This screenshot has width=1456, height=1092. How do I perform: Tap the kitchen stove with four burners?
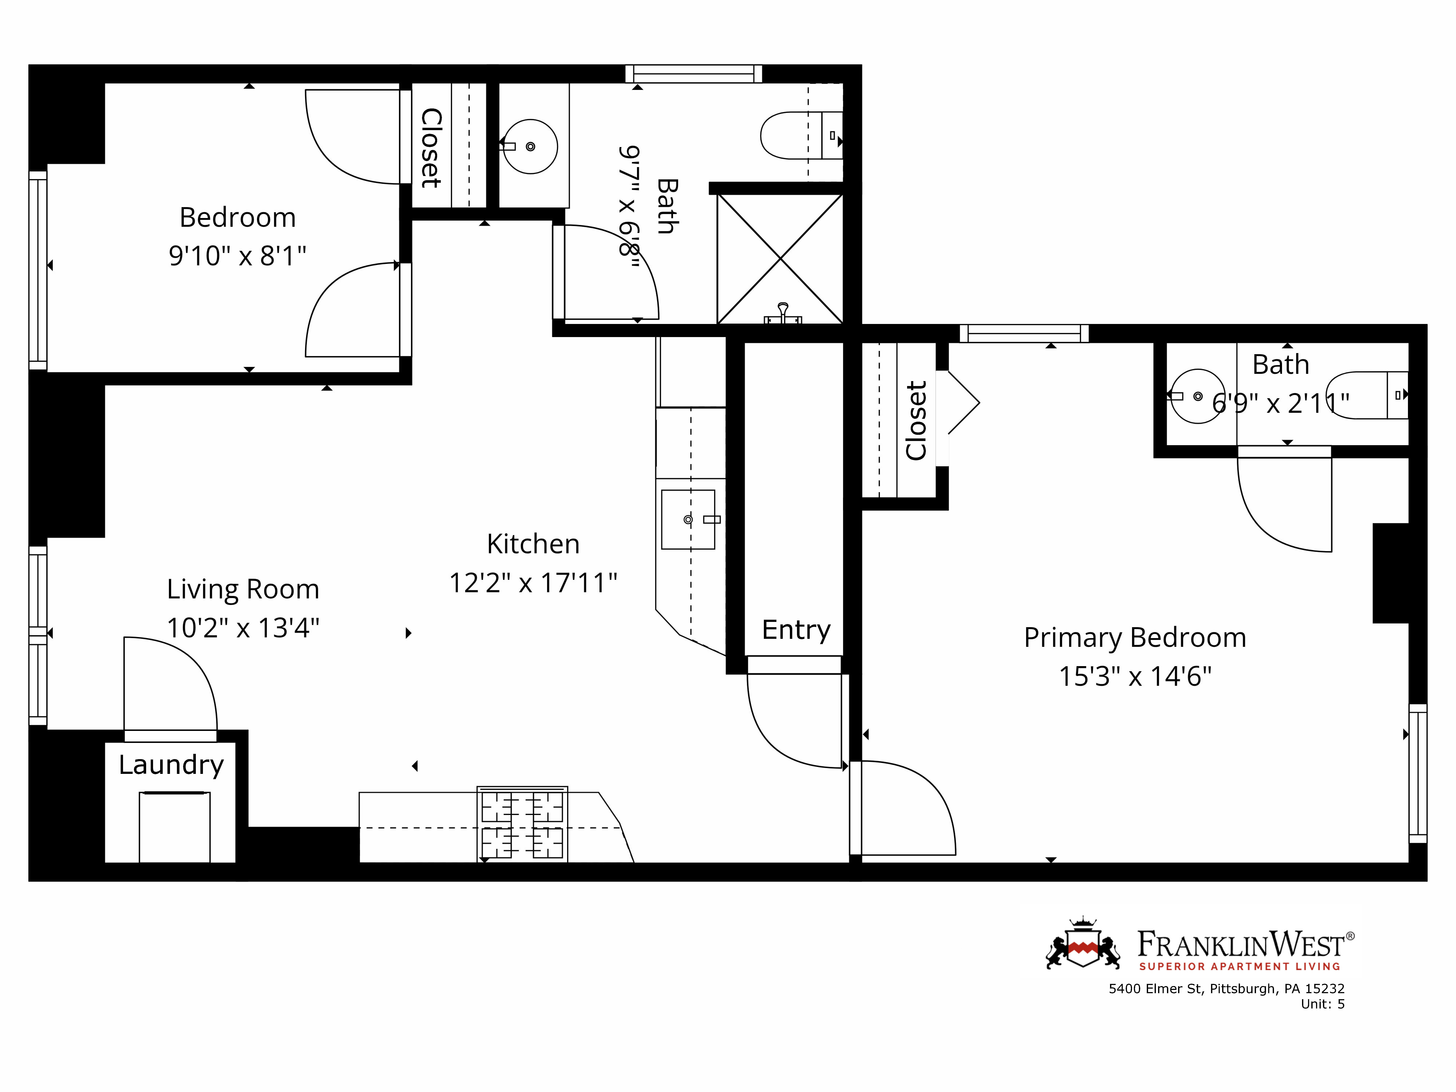click(x=522, y=824)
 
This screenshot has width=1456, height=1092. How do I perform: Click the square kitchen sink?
click(x=688, y=519)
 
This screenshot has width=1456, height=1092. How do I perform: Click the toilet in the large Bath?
click(x=800, y=136)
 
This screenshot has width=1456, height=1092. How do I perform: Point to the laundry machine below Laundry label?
click(x=174, y=827)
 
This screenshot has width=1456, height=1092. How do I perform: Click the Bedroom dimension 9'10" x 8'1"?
click(x=238, y=255)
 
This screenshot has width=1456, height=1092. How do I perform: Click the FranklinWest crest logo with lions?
click(x=1083, y=946)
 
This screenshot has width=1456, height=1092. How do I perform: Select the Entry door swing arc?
click(x=783, y=731)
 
